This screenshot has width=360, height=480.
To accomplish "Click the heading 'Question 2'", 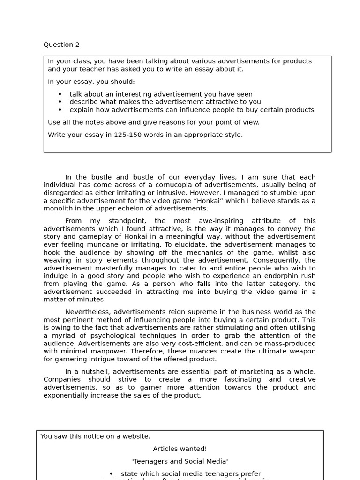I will click(61, 45).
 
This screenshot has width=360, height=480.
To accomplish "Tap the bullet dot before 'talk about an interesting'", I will click(60, 94).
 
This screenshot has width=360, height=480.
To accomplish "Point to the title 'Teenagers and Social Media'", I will click(180, 461).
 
